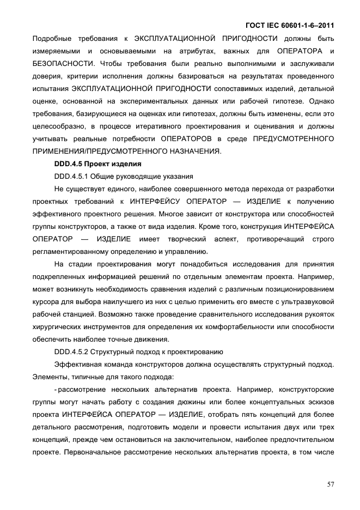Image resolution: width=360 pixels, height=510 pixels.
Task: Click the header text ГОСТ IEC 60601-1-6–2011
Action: [288, 25]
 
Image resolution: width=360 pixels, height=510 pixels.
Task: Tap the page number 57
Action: [329, 483]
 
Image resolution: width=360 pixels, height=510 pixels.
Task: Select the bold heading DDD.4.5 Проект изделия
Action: [90, 163]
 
